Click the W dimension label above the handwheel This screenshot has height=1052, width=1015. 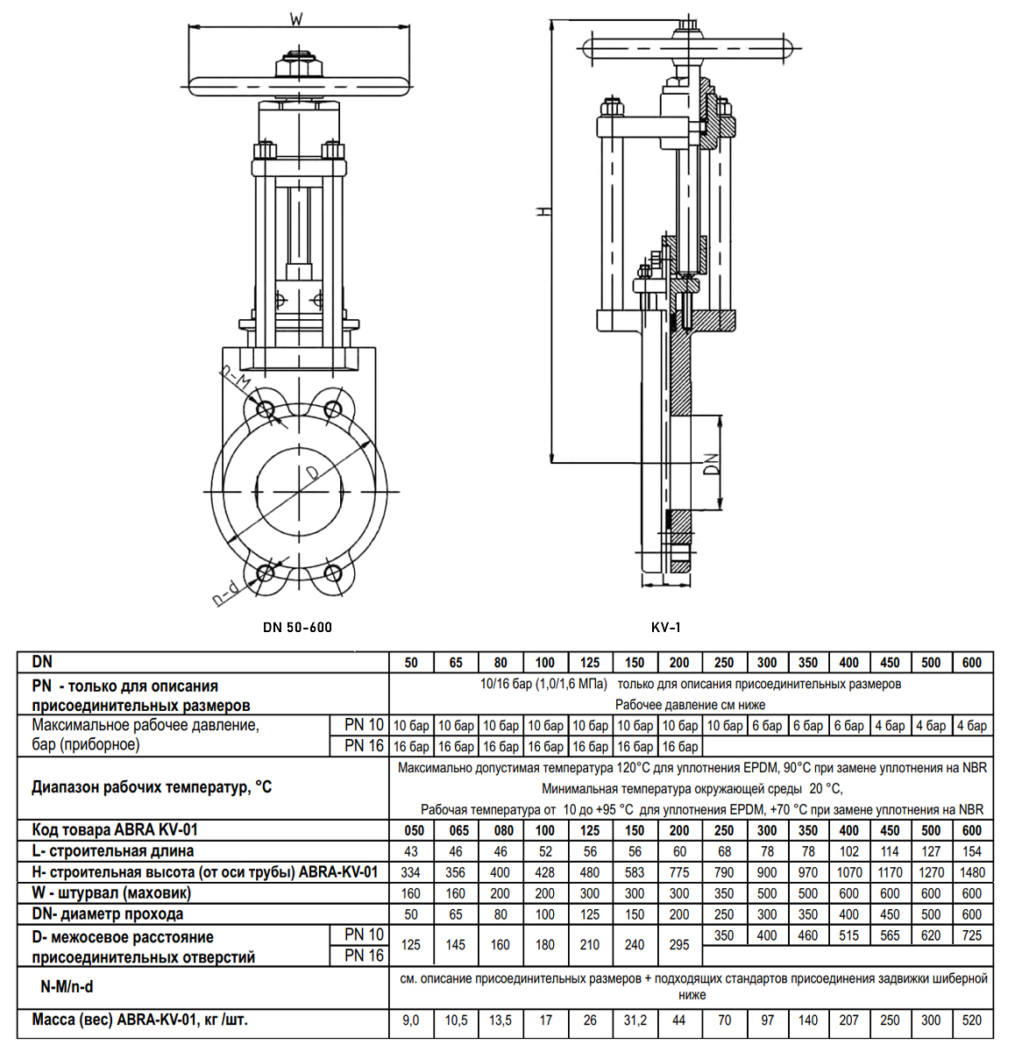point(296,18)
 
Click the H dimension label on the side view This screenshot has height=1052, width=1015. point(543,211)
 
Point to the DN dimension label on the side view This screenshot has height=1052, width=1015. point(712,463)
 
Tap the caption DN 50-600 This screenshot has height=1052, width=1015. point(297,627)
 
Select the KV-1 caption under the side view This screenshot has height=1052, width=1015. point(666,627)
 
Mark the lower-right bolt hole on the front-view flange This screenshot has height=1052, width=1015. point(332,573)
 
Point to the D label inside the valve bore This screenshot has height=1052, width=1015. point(313,473)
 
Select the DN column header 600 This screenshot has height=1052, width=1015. point(972,663)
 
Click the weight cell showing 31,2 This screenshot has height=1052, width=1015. point(635,1020)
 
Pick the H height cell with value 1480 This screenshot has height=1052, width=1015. point(972,872)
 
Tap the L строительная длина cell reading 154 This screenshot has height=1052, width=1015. point(972,851)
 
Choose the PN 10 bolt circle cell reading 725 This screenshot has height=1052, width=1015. point(972,935)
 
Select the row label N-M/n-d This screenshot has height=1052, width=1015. point(67,986)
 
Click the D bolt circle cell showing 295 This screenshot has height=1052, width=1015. point(679,945)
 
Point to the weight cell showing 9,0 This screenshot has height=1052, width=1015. point(411,1020)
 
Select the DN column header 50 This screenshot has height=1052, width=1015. point(411,663)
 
